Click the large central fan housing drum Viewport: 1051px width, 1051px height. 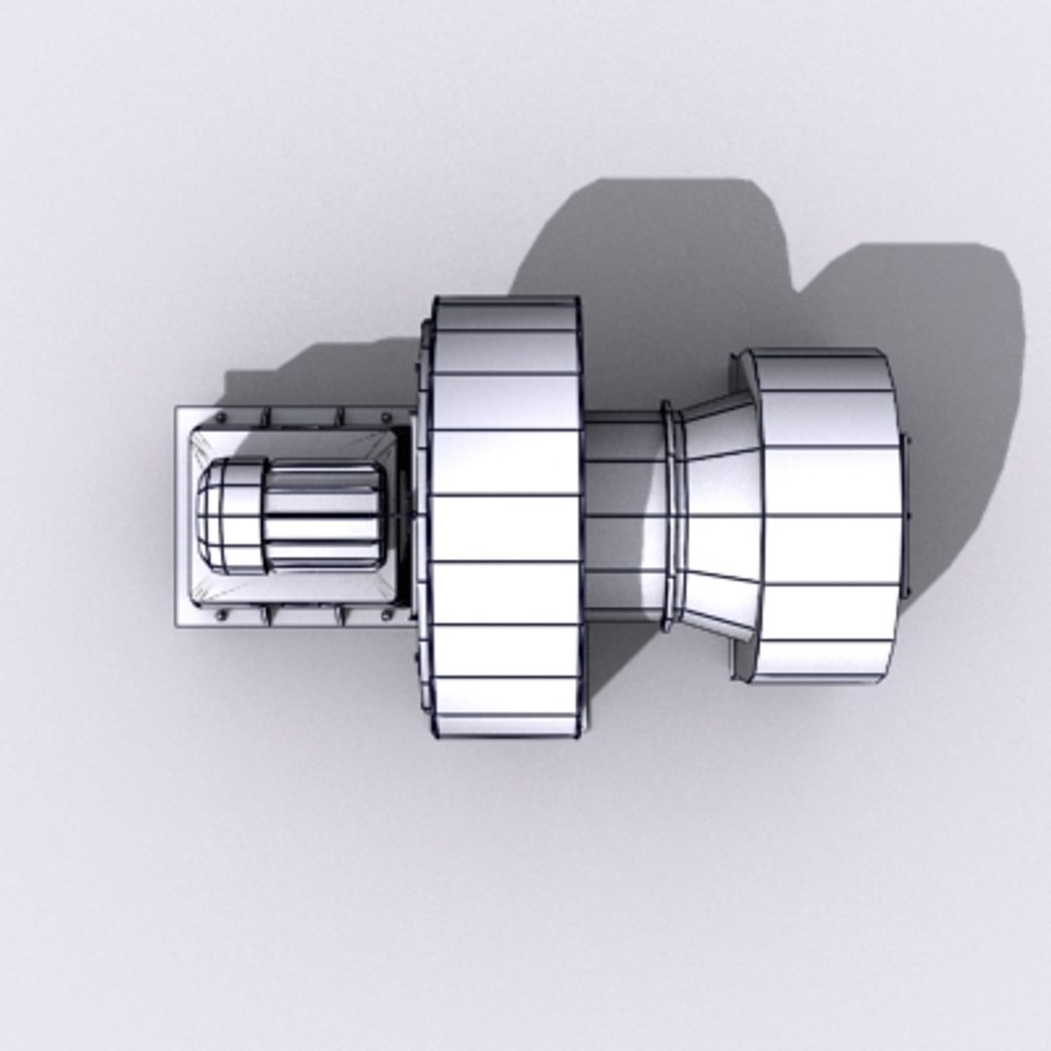[x=504, y=516]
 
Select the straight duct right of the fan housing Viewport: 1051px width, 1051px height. [x=623, y=516]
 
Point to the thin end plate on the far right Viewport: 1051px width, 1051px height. [x=905, y=516]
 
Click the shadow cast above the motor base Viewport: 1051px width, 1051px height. [x=321, y=375]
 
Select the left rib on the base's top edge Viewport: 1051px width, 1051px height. [x=267, y=417]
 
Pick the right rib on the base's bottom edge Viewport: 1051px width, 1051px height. [x=341, y=615]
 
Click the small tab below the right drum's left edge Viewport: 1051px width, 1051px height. [x=740, y=662]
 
